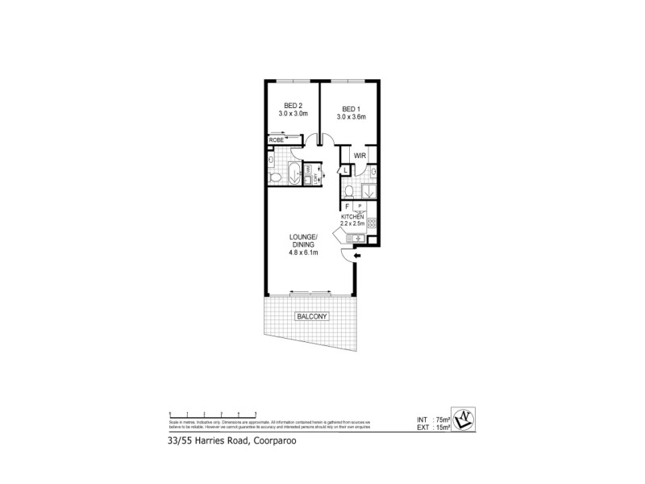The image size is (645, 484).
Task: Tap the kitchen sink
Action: pyautogui.click(x=355, y=238)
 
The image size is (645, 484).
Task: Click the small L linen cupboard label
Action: pyautogui.click(x=344, y=171)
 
